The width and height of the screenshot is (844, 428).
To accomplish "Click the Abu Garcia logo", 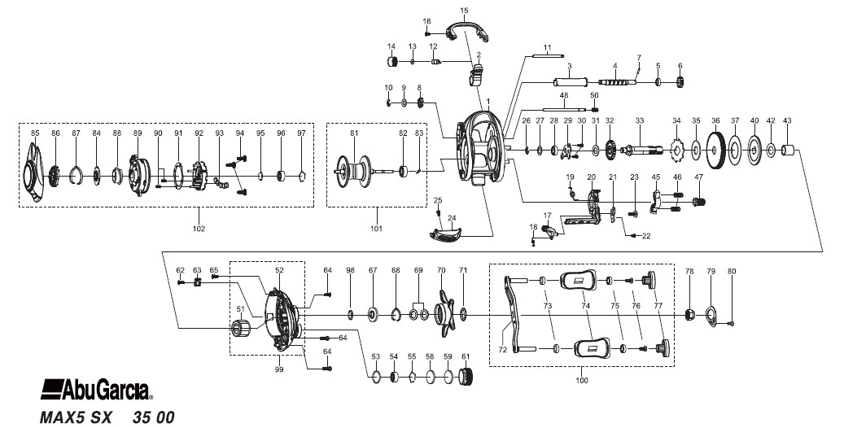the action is tap(96, 389).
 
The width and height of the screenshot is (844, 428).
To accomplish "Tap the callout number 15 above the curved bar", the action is tap(465, 11).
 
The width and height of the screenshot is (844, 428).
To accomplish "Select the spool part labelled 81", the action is tap(352, 169).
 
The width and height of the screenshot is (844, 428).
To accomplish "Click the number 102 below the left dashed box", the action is tap(199, 229).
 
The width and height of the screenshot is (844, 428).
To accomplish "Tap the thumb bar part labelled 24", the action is tap(446, 233).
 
